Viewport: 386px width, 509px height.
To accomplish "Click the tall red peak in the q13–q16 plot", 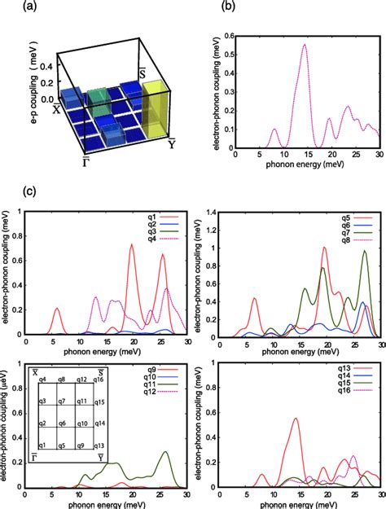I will (x=294, y=419).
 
